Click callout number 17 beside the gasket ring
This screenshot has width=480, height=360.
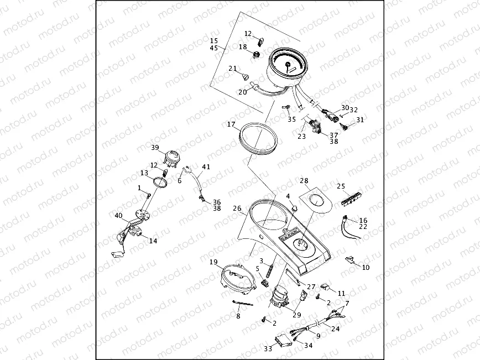(x=232, y=125)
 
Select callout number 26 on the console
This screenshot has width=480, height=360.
(x=237, y=210)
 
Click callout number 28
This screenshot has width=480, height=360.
(x=304, y=181)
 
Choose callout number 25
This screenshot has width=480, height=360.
(x=341, y=186)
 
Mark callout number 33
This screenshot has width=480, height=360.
(x=268, y=348)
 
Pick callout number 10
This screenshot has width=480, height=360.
(x=366, y=267)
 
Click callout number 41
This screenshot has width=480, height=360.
(x=206, y=166)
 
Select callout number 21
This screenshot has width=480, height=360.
(x=233, y=69)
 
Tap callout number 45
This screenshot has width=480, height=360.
(x=214, y=48)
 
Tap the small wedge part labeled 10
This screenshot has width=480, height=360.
(x=350, y=259)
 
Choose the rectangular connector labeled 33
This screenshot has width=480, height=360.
(x=284, y=341)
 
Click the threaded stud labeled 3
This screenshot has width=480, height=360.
(x=271, y=270)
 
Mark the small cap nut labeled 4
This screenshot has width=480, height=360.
(x=295, y=208)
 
